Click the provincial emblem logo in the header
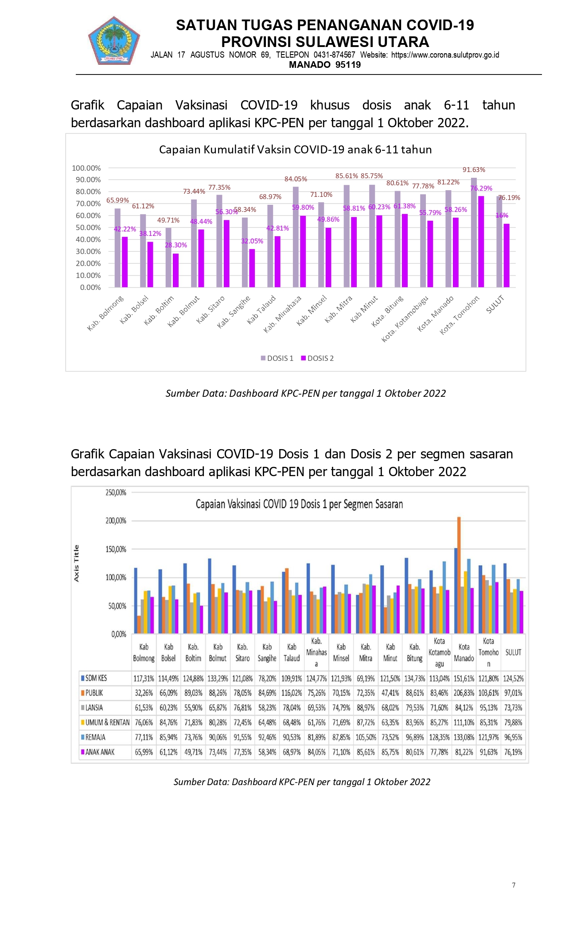click(114, 41)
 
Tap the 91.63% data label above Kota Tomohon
click(474, 170)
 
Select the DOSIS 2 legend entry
click(317, 358)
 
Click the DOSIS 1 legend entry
click(277, 358)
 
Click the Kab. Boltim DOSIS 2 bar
click(176, 270)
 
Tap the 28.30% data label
click(176, 245)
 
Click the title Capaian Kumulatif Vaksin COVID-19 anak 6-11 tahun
click(295, 149)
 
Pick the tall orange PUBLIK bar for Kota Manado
click(459, 575)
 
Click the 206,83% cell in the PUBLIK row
click(464, 693)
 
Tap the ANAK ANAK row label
click(97, 752)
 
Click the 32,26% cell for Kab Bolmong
click(144, 693)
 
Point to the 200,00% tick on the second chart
click(116, 521)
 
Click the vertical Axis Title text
click(76, 563)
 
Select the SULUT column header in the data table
click(513, 653)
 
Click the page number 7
click(514, 885)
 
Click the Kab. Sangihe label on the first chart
click(234, 312)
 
